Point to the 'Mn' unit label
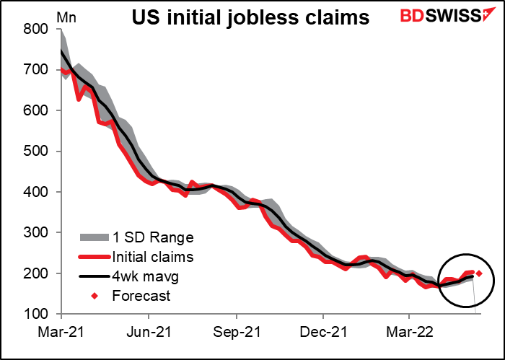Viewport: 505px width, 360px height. (45, 12)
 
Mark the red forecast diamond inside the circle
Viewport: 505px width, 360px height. (479, 273)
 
